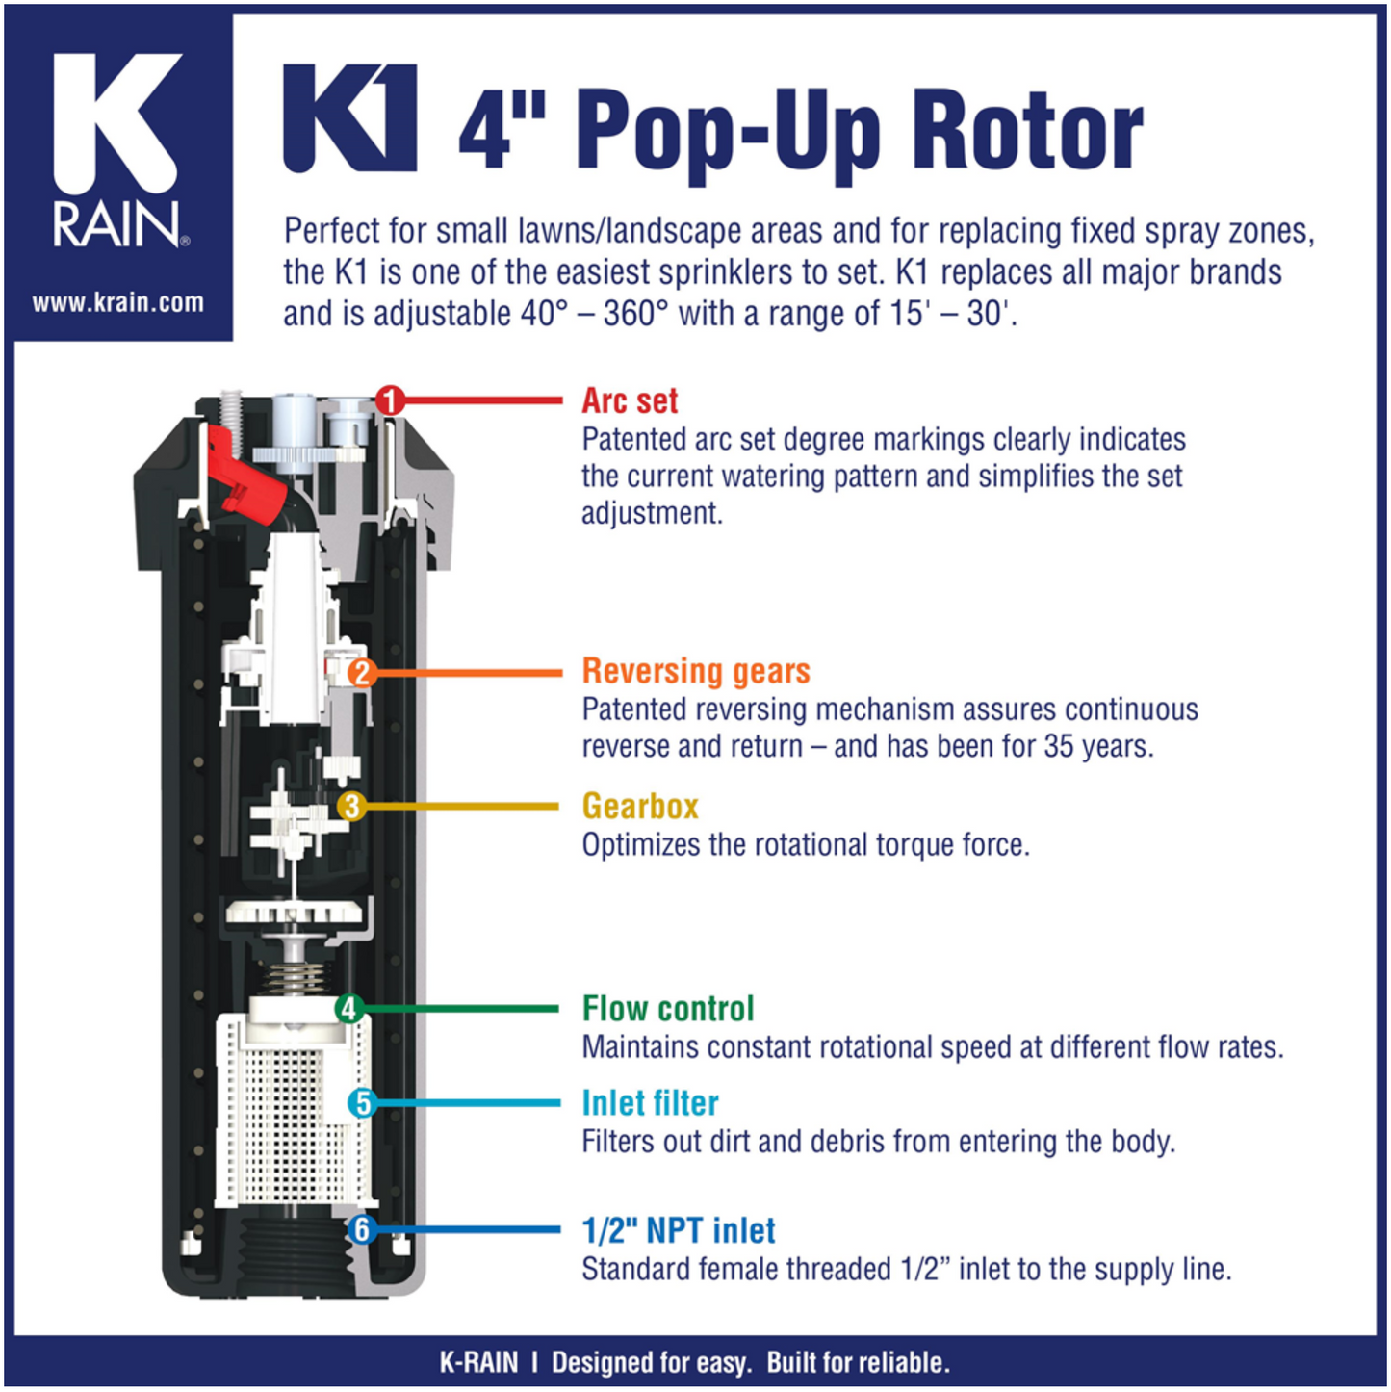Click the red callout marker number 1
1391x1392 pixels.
click(x=390, y=400)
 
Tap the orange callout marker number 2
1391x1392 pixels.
click(x=361, y=672)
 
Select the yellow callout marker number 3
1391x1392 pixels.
click(x=351, y=806)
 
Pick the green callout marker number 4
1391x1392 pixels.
click(x=348, y=1009)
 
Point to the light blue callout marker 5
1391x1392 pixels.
click(x=363, y=1103)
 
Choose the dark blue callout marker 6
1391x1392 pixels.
click(x=361, y=1229)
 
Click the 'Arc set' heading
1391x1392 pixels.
click(x=630, y=400)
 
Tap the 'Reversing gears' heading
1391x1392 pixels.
click(x=696, y=671)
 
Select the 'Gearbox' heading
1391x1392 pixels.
click(x=640, y=806)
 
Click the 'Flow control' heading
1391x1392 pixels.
click(x=668, y=1009)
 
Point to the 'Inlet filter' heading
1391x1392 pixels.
click(x=650, y=1103)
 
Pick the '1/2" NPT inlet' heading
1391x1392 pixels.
click(x=679, y=1230)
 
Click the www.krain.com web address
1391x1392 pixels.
click(x=117, y=303)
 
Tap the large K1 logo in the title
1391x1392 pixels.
click(x=350, y=118)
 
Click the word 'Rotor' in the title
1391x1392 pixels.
click(x=1027, y=130)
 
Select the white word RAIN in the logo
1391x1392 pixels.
click(x=116, y=224)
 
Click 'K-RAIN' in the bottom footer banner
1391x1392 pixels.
click(x=478, y=1363)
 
